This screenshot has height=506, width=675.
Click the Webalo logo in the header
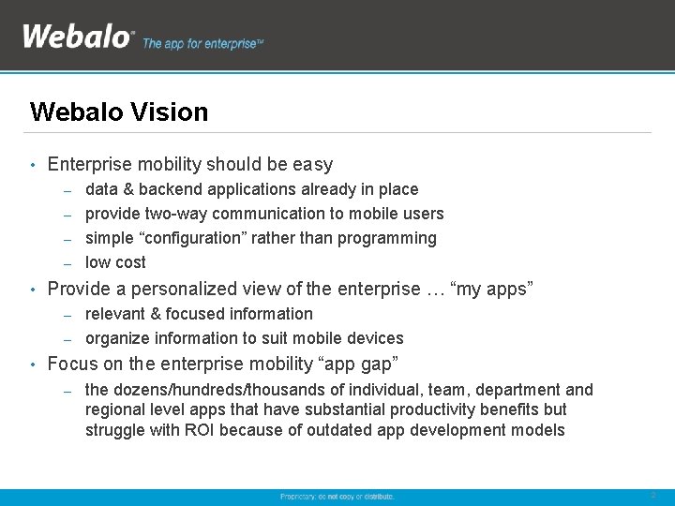[78, 37]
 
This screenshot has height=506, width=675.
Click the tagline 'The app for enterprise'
[202, 44]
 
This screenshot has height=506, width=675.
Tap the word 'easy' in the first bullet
[312, 165]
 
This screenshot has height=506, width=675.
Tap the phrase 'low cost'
[115, 262]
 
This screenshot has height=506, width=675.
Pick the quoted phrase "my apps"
[492, 289]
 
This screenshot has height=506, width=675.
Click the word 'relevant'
[116, 314]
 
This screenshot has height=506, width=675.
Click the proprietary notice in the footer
[337, 496]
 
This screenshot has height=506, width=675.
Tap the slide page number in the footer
[652, 496]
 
